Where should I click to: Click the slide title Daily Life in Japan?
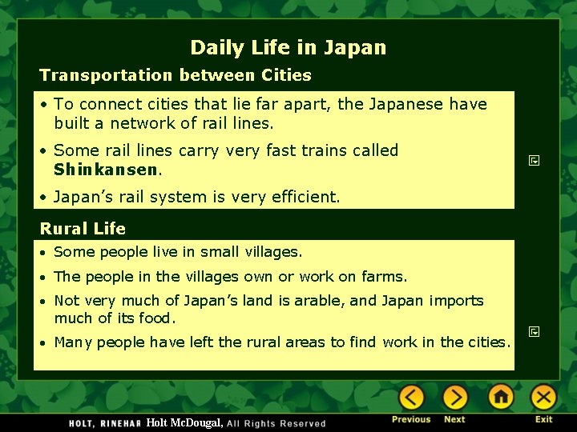(x=288, y=48)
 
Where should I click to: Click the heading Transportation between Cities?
(x=176, y=75)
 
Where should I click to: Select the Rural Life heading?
(x=83, y=229)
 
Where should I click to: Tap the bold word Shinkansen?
(x=106, y=170)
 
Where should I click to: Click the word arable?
(x=318, y=301)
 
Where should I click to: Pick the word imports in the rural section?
(x=456, y=301)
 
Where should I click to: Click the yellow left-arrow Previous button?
(x=411, y=398)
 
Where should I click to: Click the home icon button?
(x=501, y=397)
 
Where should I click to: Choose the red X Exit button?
(x=544, y=397)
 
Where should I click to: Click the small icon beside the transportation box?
(x=534, y=161)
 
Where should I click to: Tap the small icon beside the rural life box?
(x=534, y=330)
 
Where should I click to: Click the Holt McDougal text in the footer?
(x=184, y=422)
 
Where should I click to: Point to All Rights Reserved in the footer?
(x=276, y=423)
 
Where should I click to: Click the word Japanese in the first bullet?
(x=407, y=104)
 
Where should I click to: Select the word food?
(x=155, y=318)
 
